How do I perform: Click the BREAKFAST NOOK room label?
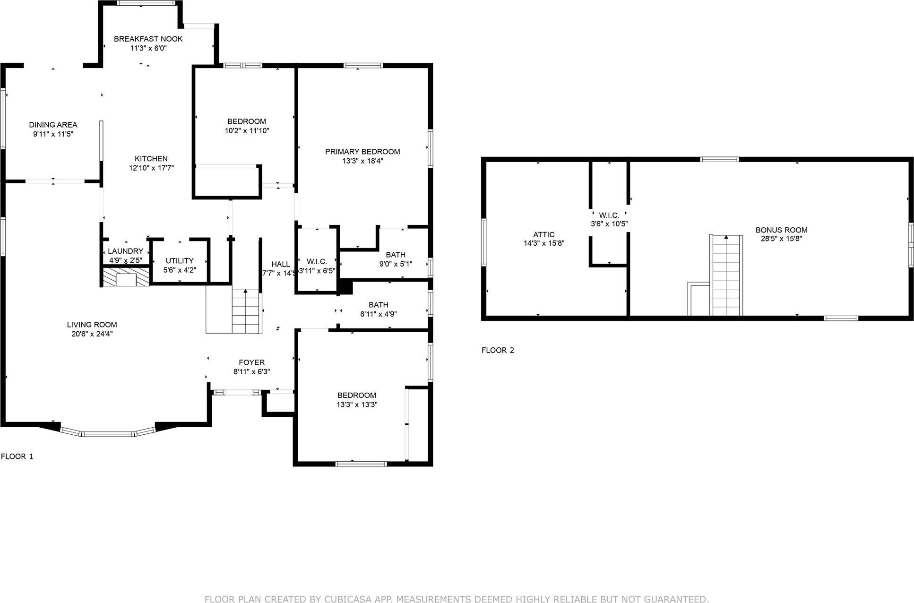pos(148,39)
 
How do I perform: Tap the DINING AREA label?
pos(53,125)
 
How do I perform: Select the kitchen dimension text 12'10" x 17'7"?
pos(151,168)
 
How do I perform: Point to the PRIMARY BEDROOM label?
pos(362,152)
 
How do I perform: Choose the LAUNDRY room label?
pos(125,251)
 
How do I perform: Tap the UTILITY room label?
pos(180,260)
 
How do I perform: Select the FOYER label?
pos(251,362)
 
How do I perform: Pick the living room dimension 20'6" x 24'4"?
pos(92,334)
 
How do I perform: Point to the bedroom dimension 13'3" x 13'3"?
pos(357,405)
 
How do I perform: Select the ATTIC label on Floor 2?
pos(543,234)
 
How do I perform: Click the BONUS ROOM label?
pos(781,230)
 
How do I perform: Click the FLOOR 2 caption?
pos(498,350)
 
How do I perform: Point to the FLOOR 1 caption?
pos(17,457)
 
